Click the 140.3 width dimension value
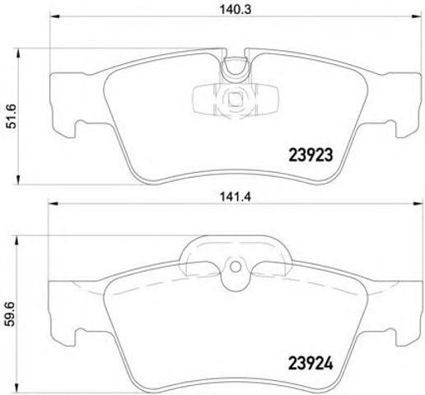point(236,10)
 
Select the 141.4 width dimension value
point(236,197)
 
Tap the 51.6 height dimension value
point(12,116)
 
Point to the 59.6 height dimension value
point(11,314)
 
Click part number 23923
point(311,155)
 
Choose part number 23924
point(311,364)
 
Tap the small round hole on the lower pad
point(236,267)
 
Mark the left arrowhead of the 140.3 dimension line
point(54,16)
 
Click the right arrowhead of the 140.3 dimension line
point(417,16)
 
